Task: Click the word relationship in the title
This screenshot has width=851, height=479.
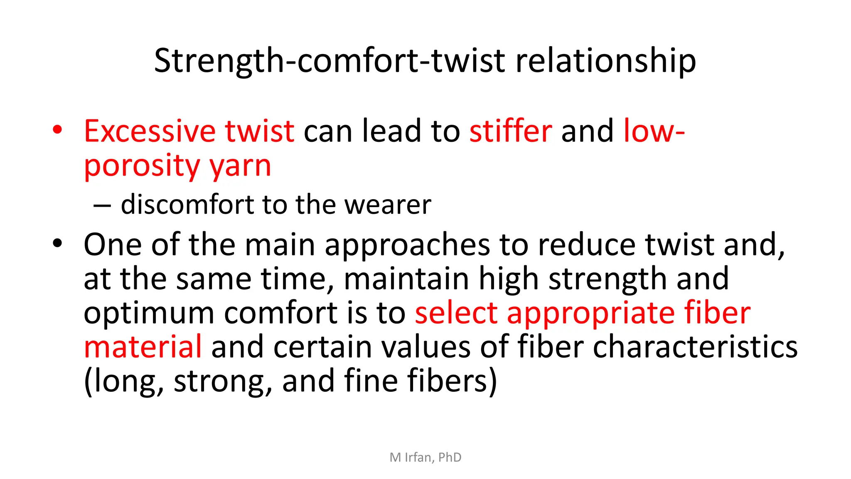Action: [x=605, y=61]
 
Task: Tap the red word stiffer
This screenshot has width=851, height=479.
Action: [x=511, y=131]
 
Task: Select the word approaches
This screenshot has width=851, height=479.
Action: [x=407, y=245]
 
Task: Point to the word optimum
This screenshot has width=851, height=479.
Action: [x=149, y=314]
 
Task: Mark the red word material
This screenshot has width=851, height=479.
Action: [x=143, y=347]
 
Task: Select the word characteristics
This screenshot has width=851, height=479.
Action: [x=695, y=347]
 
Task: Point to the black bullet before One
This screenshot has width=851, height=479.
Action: [x=57, y=243]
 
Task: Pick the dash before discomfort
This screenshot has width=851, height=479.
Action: [x=102, y=205]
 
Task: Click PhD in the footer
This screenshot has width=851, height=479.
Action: [x=450, y=457]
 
